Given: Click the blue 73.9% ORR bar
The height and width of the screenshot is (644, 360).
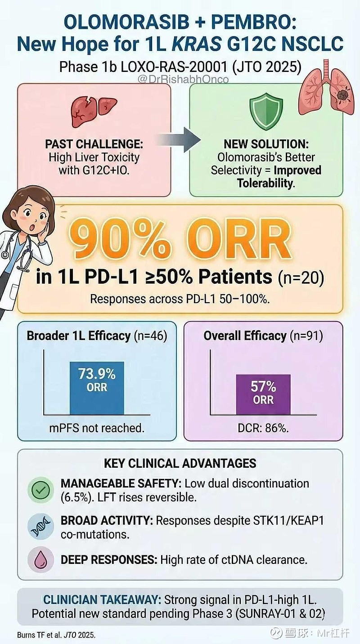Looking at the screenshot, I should (x=97, y=388).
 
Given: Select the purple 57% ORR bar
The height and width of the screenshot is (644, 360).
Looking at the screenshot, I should (x=263, y=394).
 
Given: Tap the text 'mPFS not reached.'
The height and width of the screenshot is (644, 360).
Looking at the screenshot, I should (x=97, y=428).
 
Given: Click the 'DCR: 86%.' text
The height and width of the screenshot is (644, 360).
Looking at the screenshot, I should (x=263, y=428).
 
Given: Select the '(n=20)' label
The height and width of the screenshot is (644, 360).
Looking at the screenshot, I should (x=301, y=277).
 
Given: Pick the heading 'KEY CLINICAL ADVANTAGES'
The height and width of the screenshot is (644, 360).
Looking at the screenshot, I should (x=180, y=463).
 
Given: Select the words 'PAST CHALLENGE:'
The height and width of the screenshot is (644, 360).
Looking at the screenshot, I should (x=93, y=145).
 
